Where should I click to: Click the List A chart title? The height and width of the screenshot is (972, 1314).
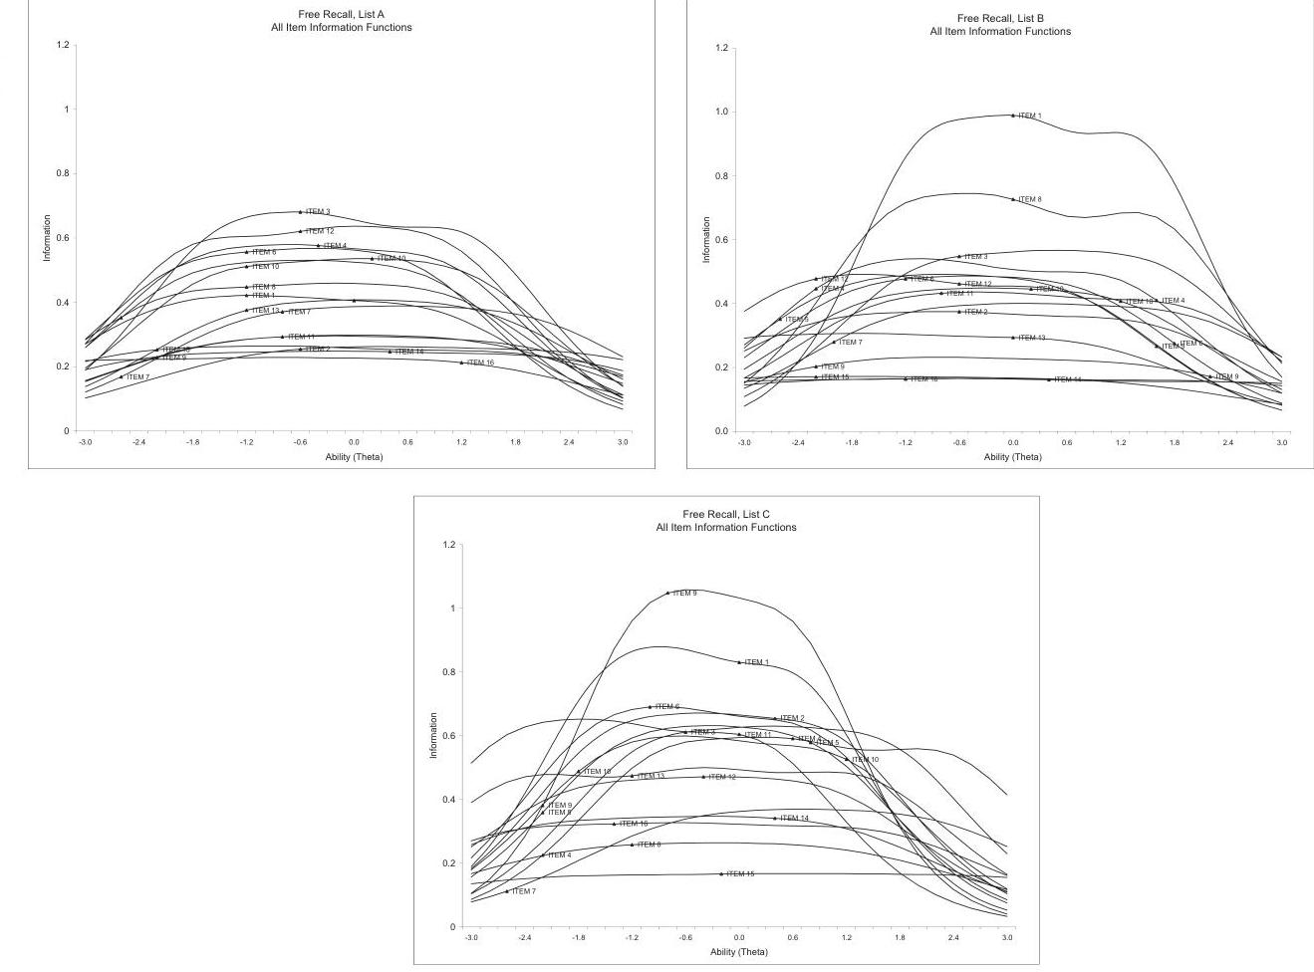(x=341, y=21)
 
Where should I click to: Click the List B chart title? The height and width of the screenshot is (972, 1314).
(x=1000, y=25)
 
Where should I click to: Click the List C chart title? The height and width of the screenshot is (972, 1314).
(x=725, y=521)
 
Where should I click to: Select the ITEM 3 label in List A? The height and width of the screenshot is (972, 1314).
(x=318, y=212)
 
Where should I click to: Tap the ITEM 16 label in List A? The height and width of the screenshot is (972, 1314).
(x=480, y=363)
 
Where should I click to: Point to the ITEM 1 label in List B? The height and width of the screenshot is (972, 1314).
(x=1030, y=116)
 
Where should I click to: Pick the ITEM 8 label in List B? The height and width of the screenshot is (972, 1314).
(x=1030, y=199)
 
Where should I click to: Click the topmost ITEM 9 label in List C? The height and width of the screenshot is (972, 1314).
(x=684, y=594)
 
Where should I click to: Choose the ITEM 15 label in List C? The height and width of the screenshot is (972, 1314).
(x=740, y=874)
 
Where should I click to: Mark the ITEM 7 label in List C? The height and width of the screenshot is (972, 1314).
(x=523, y=891)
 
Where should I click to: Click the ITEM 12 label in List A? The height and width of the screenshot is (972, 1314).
(x=320, y=231)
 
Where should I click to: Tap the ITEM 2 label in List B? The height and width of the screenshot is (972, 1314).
(x=976, y=312)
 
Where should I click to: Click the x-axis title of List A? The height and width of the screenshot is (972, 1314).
(x=354, y=457)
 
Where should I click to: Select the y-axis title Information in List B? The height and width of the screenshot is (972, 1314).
(x=706, y=240)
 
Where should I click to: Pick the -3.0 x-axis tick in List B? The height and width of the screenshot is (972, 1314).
(x=743, y=442)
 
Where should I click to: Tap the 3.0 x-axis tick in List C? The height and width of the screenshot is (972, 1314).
(x=1007, y=938)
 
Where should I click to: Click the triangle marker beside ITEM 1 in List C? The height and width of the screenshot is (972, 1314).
(x=739, y=662)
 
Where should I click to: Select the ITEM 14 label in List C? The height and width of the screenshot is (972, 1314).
(x=795, y=819)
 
